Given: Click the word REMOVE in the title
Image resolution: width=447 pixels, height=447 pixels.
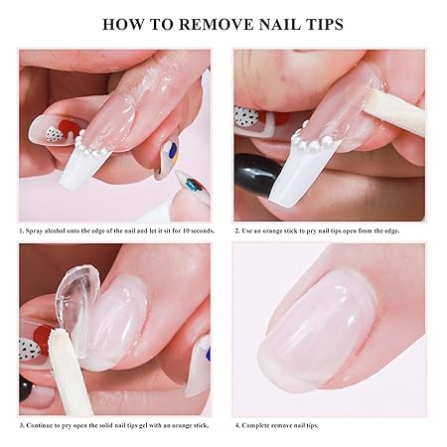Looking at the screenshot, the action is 216,25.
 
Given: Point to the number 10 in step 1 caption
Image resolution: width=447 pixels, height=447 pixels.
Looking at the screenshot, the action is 186,230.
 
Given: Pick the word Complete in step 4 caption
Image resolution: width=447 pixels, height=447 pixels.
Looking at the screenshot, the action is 255,425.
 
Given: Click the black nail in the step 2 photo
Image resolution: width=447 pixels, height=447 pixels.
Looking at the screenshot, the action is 255,174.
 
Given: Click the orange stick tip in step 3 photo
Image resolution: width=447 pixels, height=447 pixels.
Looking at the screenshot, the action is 55,336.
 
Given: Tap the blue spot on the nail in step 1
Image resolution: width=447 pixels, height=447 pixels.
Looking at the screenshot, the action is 172,150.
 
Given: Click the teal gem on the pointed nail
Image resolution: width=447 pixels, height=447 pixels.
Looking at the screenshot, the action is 192,185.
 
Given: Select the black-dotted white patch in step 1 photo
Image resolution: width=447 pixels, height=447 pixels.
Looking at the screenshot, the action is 54,134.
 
